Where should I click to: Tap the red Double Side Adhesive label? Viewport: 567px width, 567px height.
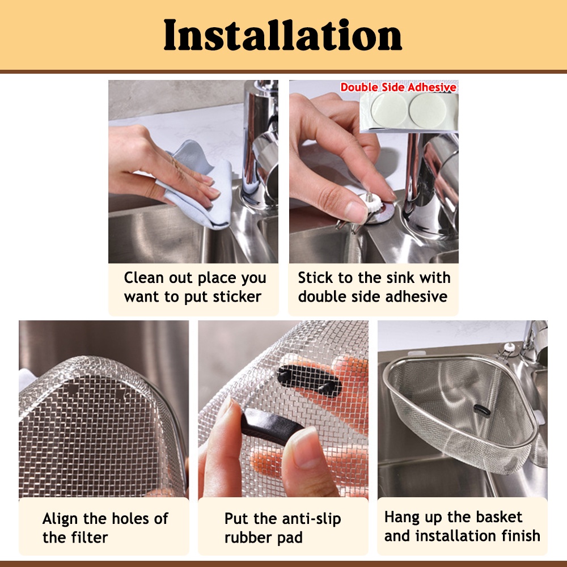[398, 87]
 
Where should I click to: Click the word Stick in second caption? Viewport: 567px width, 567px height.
[315, 278]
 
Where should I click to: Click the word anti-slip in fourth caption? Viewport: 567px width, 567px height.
[306, 518]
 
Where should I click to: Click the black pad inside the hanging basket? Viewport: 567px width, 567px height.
[479, 409]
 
